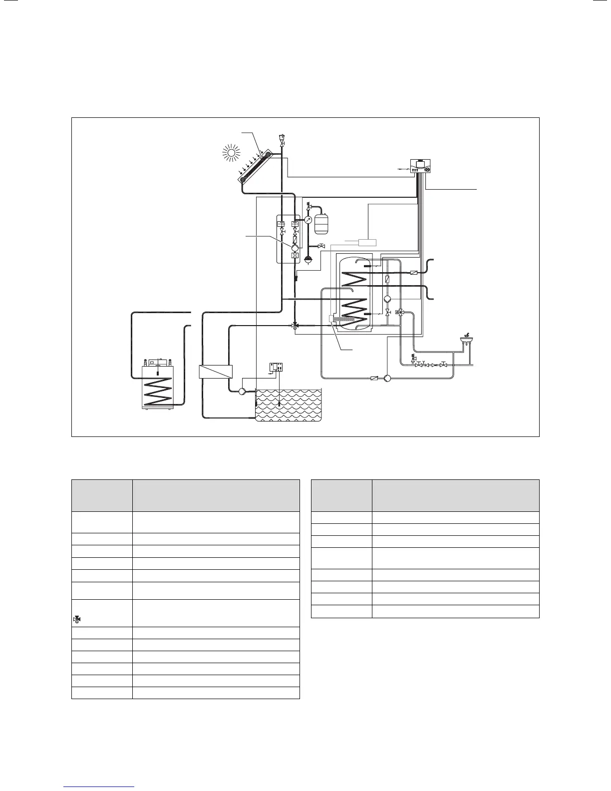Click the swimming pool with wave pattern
click(x=288, y=404)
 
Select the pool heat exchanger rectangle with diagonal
click(x=216, y=372)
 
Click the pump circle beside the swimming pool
click(x=242, y=391)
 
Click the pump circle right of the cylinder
click(x=387, y=299)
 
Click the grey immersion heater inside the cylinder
click(x=348, y=319)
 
